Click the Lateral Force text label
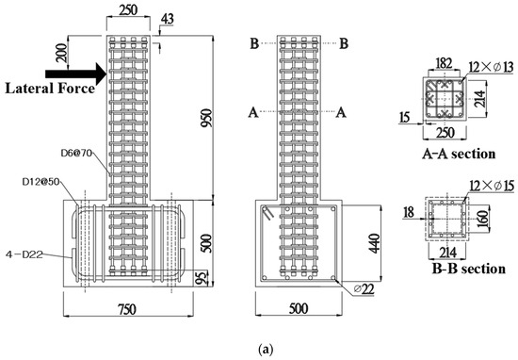(x=47, y=89)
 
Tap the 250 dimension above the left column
(x=132, y=9)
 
